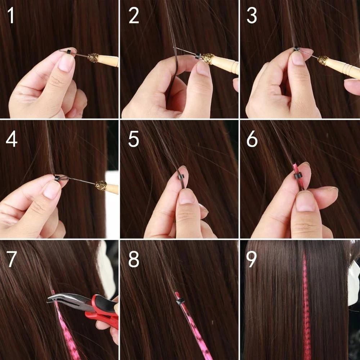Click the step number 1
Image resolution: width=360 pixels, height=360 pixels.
pyautogui.click(x=12, y=17)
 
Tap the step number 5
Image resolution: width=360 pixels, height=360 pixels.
pyautogui.click(x=133, y=139)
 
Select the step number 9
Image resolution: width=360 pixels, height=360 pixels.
pyautogui.click(x=252, y=260)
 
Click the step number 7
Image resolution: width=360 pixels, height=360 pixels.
pyautogui.click(x=12, y=260)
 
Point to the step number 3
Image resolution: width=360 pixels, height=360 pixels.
pyautogui.click(x=252, y=17)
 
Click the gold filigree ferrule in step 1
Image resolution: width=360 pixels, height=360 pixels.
pyautogui.click(x=93, y=58)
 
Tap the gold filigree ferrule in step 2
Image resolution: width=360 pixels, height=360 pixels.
pyautogui.click(x=208, y=59)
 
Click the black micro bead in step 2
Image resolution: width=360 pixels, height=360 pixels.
pyautogui.click(x=198, y=56)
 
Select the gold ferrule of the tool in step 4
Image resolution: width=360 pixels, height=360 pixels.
pyautogui.click(x=101, y=185)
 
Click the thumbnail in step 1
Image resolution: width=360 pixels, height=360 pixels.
pyautogui.click(x=66, y=63)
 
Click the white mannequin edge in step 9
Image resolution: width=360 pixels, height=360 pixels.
pyautogui.click(x=354, y=284)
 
